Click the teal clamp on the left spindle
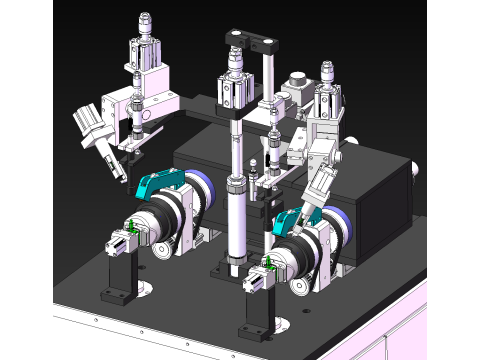[160, 183]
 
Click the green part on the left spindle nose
[129, 231]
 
